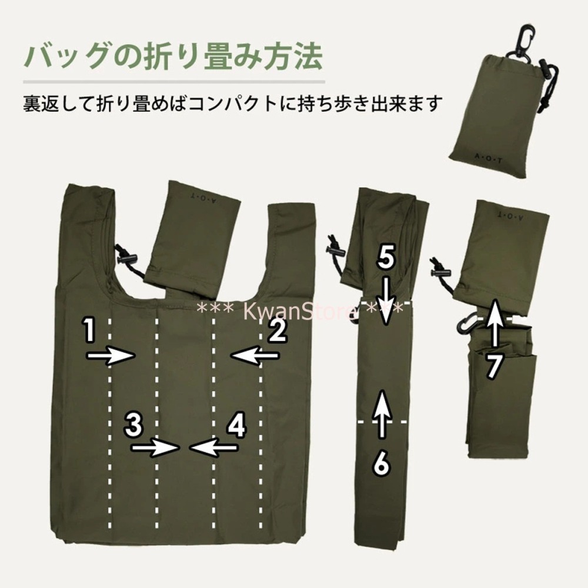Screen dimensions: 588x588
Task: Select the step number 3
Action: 135,425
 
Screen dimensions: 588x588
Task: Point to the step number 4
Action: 236,425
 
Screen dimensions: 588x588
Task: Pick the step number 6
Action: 382,463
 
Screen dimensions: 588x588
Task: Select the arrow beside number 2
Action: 255,355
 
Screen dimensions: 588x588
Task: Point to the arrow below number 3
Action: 155,448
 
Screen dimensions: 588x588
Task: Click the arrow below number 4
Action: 214,448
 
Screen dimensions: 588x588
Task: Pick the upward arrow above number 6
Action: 382,414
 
